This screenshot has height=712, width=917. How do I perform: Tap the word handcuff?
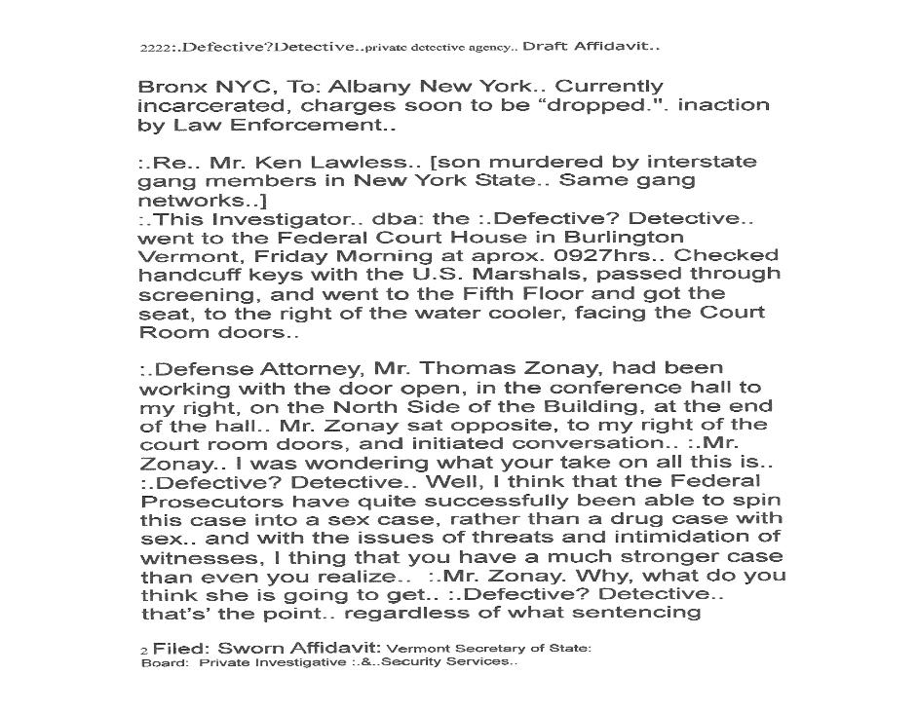tap(186, 275)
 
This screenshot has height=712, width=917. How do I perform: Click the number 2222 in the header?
tap(155, 48)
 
